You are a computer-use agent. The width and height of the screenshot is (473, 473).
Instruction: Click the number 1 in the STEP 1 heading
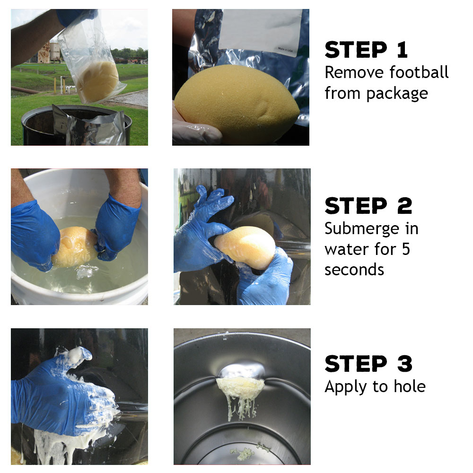(x=402, y=50)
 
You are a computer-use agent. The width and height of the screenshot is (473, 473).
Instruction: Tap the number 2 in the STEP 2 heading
(x=404, y=206)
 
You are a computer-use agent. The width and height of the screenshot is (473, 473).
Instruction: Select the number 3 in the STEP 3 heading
(x=405, y=364)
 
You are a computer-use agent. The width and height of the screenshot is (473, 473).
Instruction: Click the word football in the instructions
(x=419, y=72)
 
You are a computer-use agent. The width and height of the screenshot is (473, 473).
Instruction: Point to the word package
(x=397, y=94)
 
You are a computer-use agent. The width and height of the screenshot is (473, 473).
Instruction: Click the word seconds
(x=354, y=270)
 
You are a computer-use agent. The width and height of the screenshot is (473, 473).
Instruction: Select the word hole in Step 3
(x=410, y=386)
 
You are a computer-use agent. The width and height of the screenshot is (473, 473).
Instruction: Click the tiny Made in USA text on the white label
(x=285, y=50)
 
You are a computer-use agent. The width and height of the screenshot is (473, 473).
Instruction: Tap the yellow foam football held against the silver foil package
(x=237, y=103)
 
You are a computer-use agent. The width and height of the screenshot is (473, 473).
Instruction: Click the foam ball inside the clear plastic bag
(x=97, y=81)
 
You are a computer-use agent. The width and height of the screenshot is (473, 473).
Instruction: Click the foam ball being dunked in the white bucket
(x=75, y=247)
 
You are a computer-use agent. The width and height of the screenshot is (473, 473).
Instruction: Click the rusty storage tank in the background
(x=44, y=53)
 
